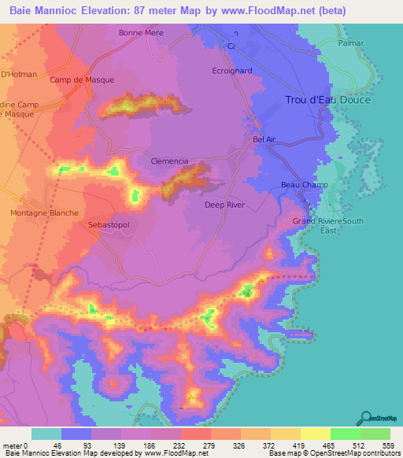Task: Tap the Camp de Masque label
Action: (82, 80)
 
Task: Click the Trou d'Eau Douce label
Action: (327, 100)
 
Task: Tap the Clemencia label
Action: (169, 161)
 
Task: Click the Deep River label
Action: (225, 205)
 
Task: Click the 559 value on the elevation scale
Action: (390, 445)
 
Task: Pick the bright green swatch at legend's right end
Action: (375, 434)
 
